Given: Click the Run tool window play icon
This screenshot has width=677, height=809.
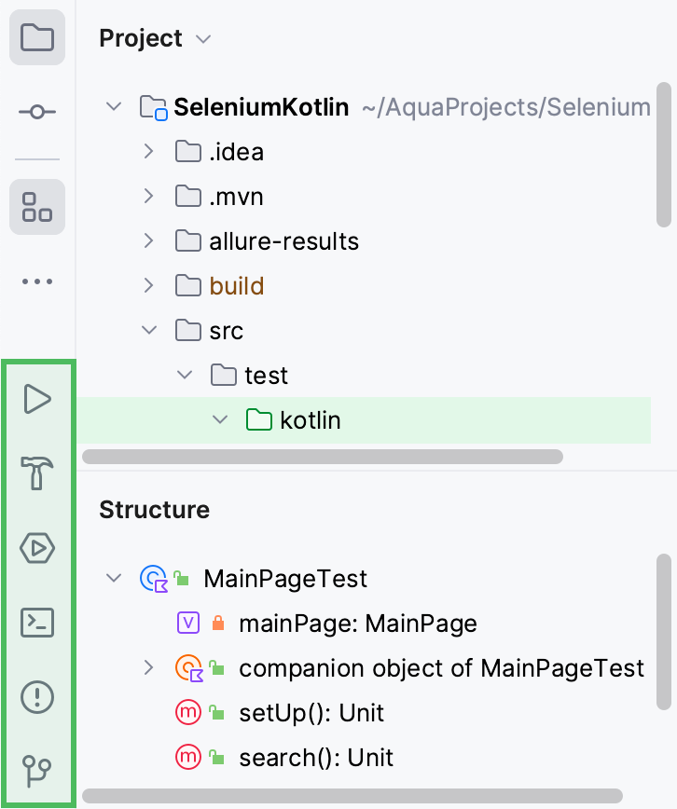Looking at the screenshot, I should coord(37,399).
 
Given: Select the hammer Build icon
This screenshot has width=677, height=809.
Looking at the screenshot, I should coord(37,473).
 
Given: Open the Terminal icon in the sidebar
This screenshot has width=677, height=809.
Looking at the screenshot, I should coord(37,622).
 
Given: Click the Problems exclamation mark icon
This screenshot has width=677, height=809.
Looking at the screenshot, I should coord(37,696).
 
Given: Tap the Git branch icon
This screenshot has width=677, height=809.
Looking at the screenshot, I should coord(37,771).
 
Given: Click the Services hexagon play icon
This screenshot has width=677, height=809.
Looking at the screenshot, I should coord(37,548).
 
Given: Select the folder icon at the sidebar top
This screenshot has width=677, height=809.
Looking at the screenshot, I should coord(37,38).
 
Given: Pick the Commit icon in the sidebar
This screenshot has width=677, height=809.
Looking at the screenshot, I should coord(37,112).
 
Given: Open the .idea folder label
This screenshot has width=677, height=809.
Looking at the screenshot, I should coord(236,152).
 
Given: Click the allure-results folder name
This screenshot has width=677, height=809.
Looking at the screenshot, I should coord(283,241).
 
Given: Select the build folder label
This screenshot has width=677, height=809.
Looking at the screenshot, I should coord(236,286).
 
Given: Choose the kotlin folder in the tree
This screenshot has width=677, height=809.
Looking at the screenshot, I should coord(310,420).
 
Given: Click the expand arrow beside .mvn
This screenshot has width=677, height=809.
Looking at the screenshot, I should coord(148,197).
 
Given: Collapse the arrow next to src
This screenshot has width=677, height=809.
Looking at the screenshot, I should coord(148,331).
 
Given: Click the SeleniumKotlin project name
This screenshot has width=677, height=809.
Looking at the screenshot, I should coord(261,107).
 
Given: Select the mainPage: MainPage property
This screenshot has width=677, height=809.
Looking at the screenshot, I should coord(357,624).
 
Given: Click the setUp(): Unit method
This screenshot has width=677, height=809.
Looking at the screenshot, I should coord(311,713).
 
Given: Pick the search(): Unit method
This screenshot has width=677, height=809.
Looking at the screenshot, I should coord(316,758).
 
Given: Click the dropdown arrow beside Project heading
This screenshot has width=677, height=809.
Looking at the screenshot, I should coord(204,39).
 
